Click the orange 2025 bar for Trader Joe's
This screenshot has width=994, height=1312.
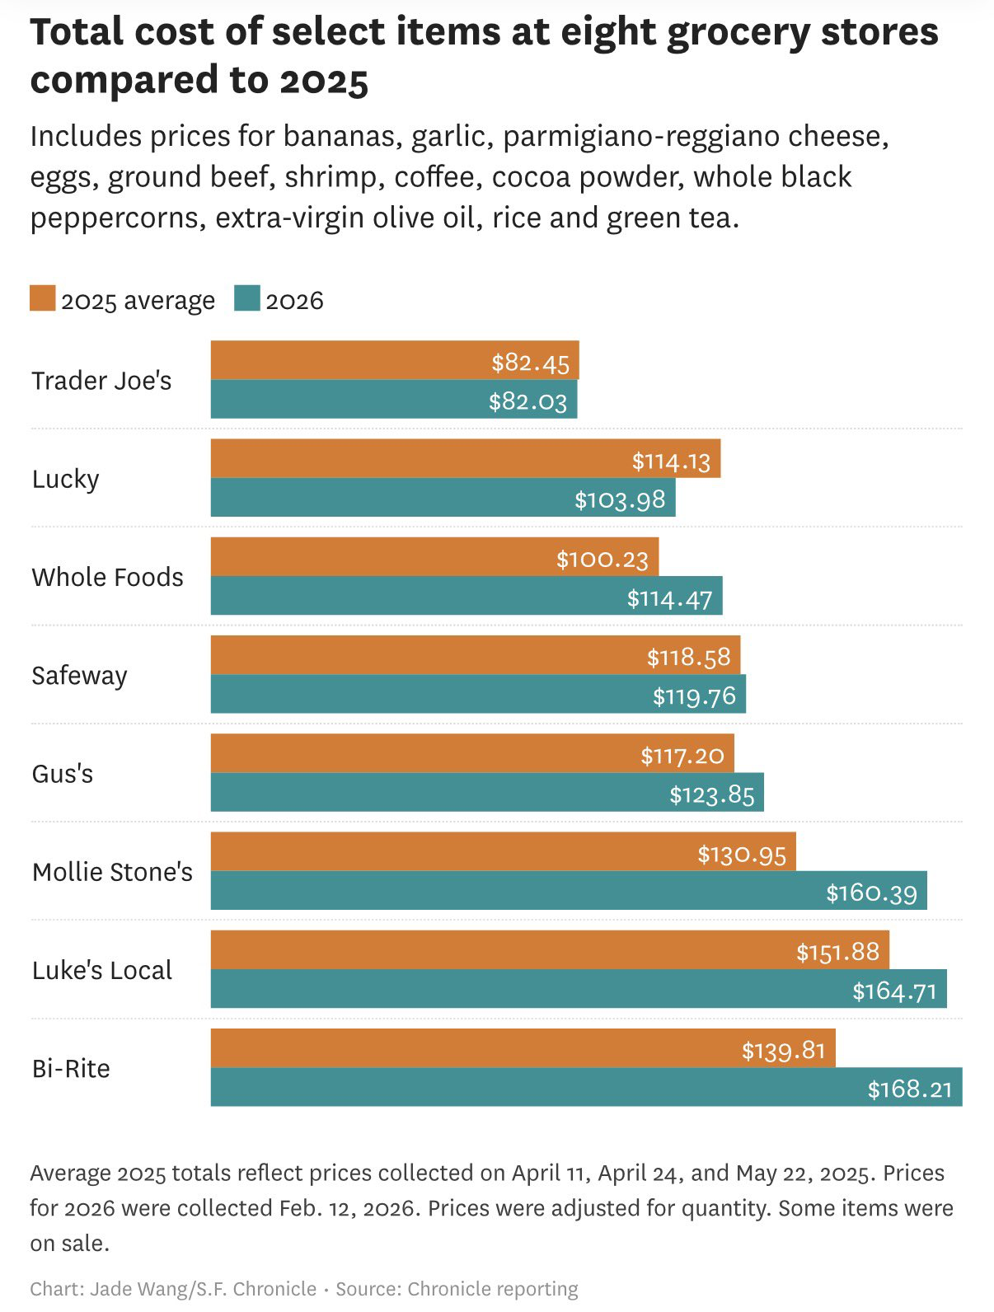346,360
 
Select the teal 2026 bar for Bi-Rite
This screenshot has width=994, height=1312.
536,1087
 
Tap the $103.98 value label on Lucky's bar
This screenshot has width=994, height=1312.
620,499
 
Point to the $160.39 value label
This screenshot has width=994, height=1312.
871,893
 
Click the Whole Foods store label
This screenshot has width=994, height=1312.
107,577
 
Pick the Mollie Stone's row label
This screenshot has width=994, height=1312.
112,872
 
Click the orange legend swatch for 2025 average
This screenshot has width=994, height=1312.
42,298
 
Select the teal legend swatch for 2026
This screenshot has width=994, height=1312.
246,298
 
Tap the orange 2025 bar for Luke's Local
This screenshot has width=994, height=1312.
495,950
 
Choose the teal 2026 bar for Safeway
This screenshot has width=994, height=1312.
429,694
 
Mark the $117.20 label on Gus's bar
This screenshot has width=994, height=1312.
682,755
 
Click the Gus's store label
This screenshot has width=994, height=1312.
63,774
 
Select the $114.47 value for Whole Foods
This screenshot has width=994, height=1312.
669,597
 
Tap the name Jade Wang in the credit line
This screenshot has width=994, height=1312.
138,1289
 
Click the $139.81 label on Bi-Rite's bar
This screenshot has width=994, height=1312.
783,1050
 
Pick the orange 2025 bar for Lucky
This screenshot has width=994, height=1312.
412,458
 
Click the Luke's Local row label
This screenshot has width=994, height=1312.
102,970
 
